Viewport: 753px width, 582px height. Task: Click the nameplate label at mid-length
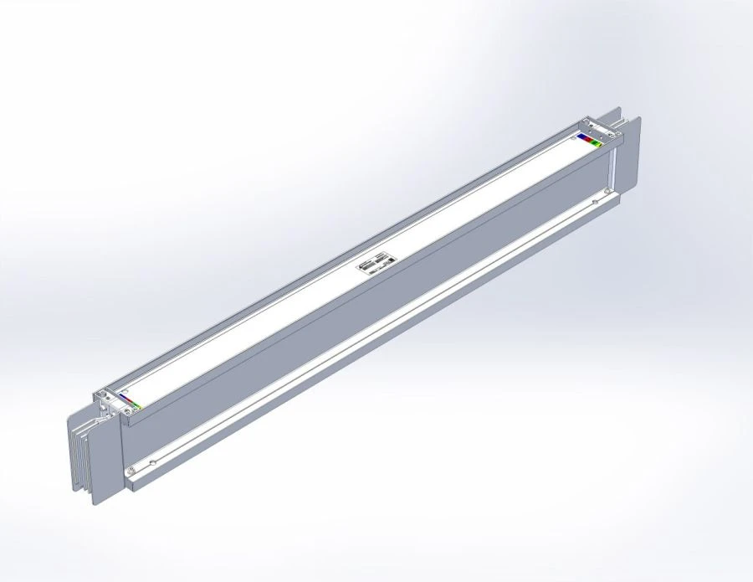[377, 264]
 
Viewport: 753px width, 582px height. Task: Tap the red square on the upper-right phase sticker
[588, 139]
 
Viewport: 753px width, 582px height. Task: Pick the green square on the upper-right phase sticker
[595, 142]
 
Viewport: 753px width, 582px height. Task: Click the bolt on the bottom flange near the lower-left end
[131, 471]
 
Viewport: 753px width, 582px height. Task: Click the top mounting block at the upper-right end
[601, 130]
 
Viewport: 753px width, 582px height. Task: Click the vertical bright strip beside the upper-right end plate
[612, 172]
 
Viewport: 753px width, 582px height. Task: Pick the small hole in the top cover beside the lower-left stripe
[125, 390]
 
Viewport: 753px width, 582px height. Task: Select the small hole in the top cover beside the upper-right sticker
[573, 137]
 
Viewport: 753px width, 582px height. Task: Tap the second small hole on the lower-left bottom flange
[152, 462]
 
